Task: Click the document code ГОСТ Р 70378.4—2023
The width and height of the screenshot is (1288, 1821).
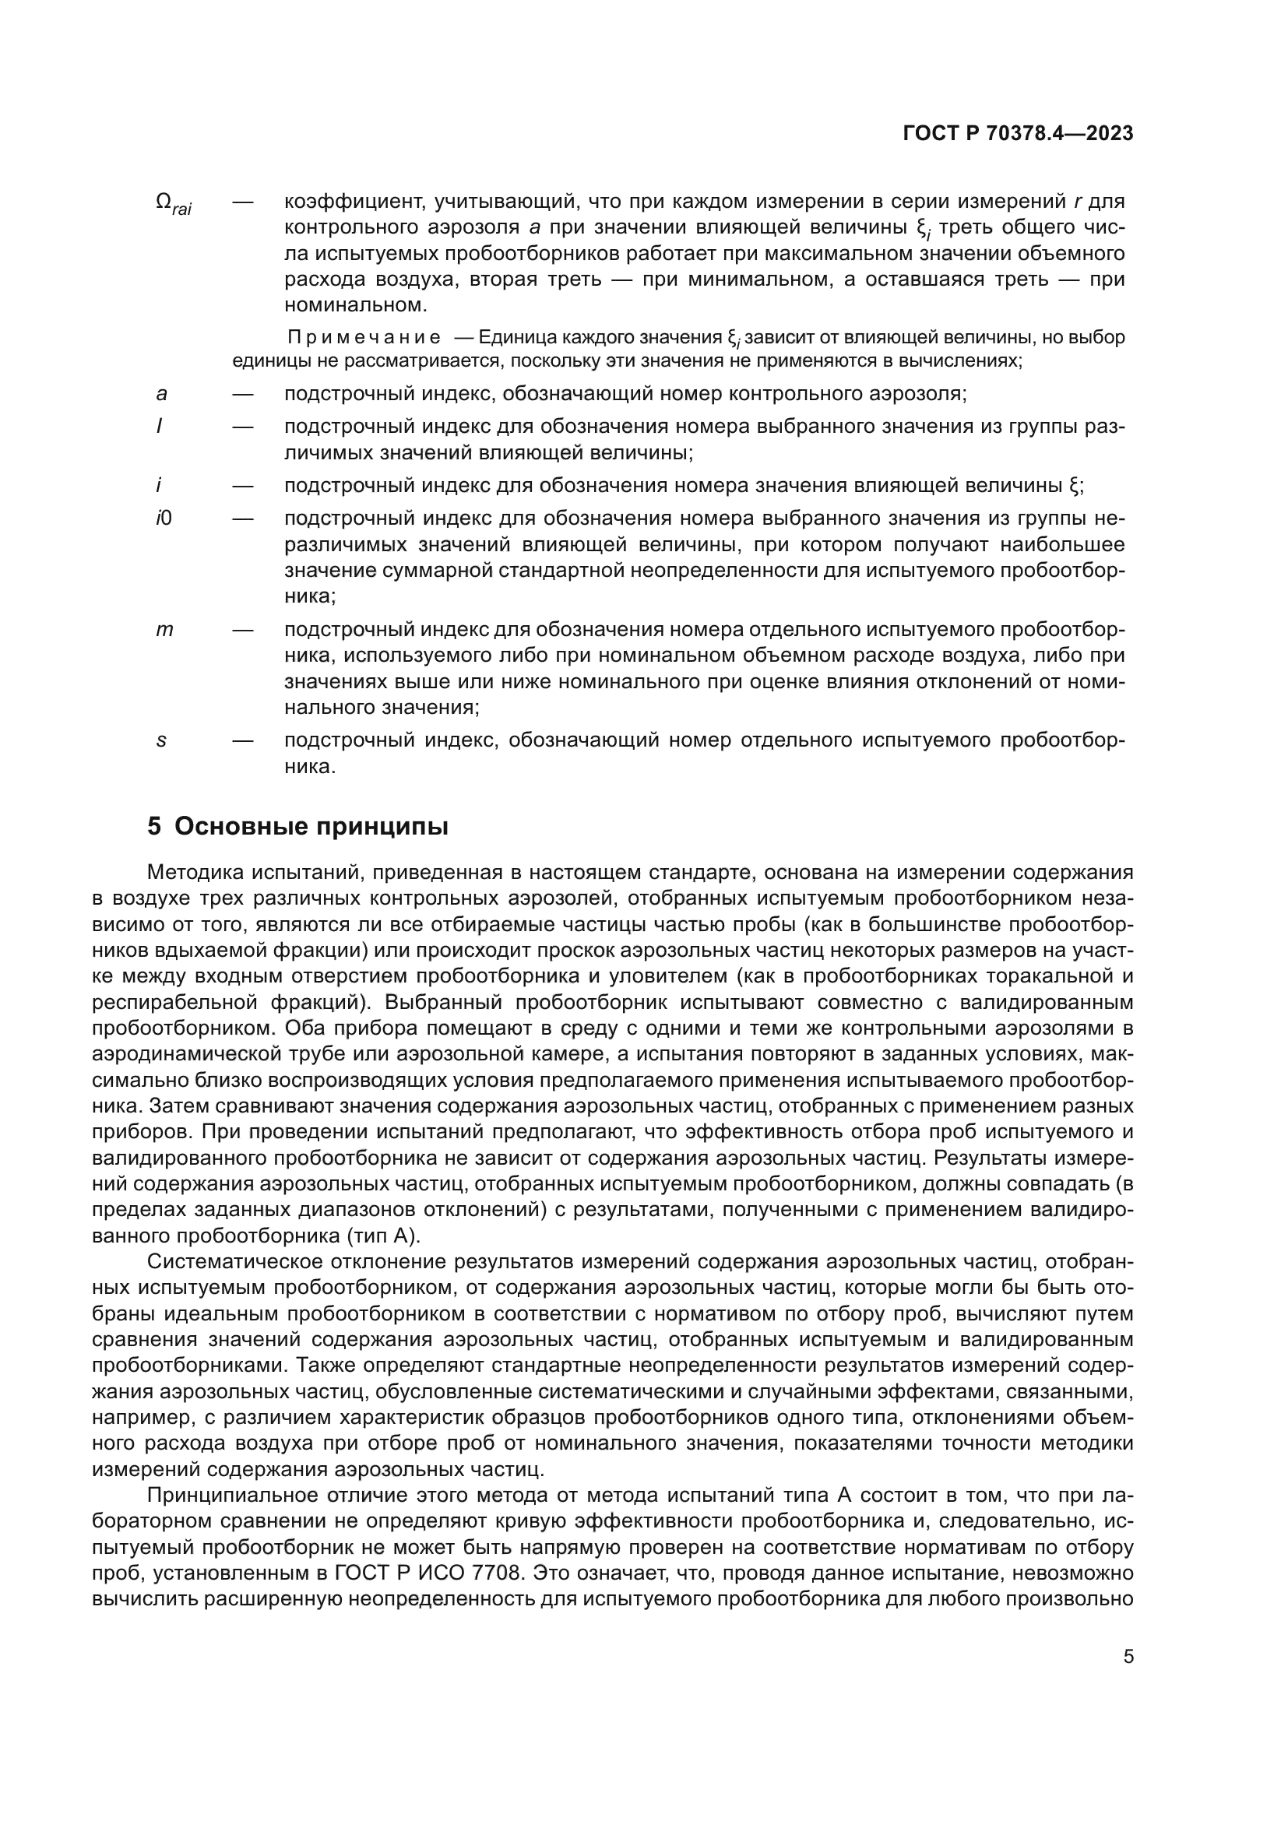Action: (1018, 133)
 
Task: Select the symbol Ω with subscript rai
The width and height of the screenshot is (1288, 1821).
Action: (173, 204)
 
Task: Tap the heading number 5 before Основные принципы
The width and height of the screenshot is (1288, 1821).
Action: (154, 827)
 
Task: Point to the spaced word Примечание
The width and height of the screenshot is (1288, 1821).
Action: (364, 337)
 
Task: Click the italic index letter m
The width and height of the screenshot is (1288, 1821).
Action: (164, 630)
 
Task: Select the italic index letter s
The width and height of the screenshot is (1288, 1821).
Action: (161, 740)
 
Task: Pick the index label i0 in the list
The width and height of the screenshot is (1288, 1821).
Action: (164, 519)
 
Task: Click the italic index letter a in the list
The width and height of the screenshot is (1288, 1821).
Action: (161, 393)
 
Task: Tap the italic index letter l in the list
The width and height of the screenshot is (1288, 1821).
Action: (159, 427)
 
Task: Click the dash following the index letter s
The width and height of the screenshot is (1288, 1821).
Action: (244, 740)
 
